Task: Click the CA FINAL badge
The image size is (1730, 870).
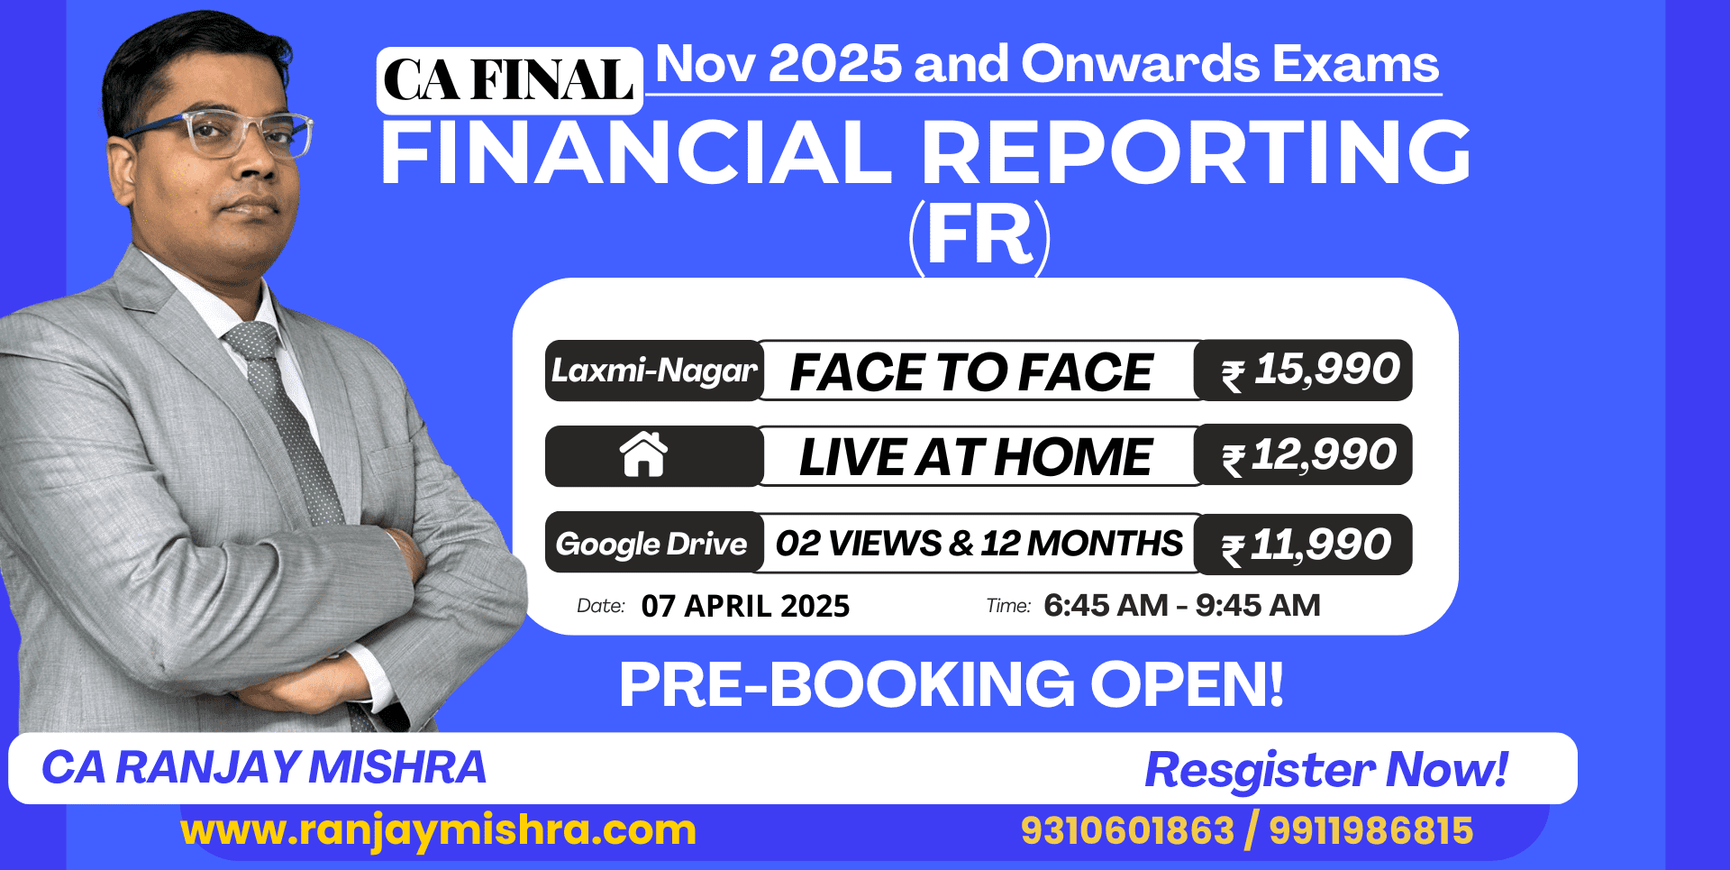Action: point(509,81)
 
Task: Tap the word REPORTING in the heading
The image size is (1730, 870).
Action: point(1196,153)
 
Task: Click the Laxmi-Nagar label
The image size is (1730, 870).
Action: point(654,371)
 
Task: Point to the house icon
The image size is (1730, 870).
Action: point(643,454)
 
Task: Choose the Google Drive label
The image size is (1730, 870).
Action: point(652,544)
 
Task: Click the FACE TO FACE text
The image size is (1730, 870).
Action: point(971,372)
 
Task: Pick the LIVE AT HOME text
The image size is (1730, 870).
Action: point(976,457)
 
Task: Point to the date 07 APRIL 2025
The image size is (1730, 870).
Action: point(745,606)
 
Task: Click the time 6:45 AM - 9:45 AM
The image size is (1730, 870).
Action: point(1181,605)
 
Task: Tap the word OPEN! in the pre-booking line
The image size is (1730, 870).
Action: point(1187,684)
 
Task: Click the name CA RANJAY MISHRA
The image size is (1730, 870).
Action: point(264,768)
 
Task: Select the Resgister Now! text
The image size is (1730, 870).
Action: point(1326,770)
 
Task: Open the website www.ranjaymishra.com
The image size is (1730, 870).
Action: point(439,829)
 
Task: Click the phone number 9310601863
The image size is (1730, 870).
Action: point(1127,830)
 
